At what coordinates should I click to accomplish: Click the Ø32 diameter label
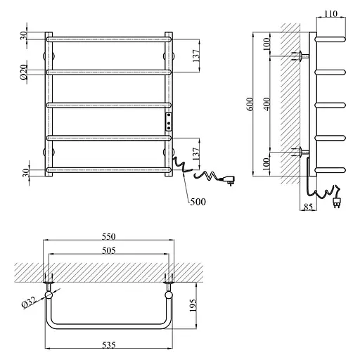30,303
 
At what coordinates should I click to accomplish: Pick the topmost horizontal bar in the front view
109,40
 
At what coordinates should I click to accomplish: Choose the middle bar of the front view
109,105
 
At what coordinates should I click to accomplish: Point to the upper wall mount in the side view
301,56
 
